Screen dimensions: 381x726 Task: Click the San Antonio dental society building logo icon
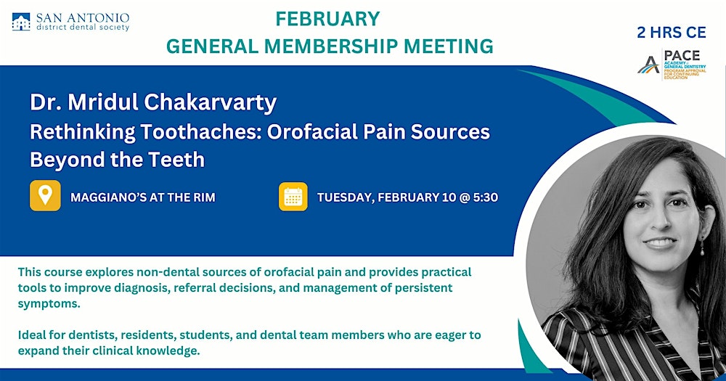[x=21, y=22]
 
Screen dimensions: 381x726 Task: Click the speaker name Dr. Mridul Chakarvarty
[x=153, y=102]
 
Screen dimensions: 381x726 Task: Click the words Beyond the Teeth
[x=117, y=160]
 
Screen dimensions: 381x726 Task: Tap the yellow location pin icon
[x=45, y=197]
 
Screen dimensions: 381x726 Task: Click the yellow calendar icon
[x=293, y=197]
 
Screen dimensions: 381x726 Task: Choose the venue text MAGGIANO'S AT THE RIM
[x=143, y=197]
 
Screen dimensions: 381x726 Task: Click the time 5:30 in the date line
[x=483, y=197]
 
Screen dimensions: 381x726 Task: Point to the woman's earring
[x=701, y=248]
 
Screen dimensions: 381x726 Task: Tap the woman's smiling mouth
[x=661, y=244]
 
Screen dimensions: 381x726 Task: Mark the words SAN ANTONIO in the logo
[x=83, y=16]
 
